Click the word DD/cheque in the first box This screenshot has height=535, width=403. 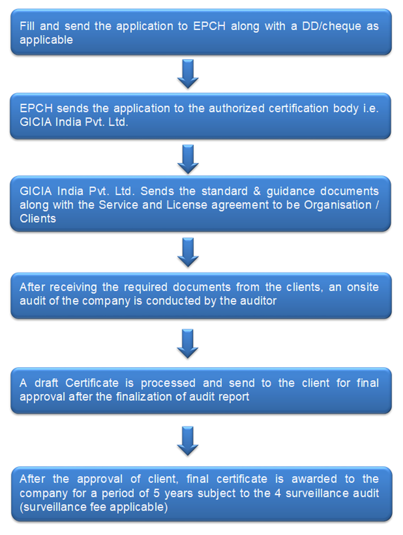pos(331,26)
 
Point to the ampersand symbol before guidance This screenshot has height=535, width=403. pos(257,191)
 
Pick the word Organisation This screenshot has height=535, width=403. pos(338,205)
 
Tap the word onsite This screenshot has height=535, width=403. pos(363,287)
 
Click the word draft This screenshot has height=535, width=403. pos(46,383)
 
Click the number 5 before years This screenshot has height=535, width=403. pos(157,493)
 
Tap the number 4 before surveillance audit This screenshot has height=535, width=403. pos(277,493)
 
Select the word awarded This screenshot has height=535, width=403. pos(314,479)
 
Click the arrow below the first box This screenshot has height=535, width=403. pos(188,74)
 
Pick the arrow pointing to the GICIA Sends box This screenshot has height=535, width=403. pos(188,159)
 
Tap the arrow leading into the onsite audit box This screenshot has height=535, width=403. pos(188,252)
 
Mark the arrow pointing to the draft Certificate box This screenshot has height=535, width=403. pos(188,344)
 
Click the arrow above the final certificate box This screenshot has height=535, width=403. pos(188,440)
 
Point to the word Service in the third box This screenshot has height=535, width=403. pos(119,205)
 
